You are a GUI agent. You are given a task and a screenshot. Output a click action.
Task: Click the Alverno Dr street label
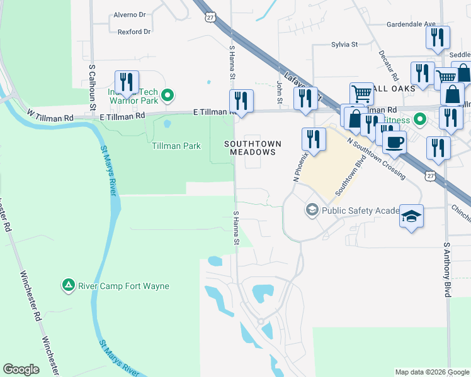pos(129,14)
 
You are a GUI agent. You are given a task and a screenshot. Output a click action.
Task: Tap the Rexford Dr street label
pos(130,31)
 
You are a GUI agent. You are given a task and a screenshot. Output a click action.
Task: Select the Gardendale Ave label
pos(412,25)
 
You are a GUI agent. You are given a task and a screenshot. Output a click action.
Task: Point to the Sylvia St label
pos(344,45)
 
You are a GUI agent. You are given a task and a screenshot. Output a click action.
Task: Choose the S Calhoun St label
pos(92,82)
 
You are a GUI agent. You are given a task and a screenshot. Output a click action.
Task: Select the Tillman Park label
pos(176,146)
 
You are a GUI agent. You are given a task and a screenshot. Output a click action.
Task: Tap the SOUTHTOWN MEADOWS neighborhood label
pos(251,148)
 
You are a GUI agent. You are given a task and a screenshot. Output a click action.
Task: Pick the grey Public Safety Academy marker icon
pos(312,210)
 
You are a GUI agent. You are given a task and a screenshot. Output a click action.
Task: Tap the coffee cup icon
pos(395,142)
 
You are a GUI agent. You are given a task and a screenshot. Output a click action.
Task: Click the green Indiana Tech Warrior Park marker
pos(167,96)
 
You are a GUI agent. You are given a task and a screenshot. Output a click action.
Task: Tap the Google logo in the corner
pos(21,369)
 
